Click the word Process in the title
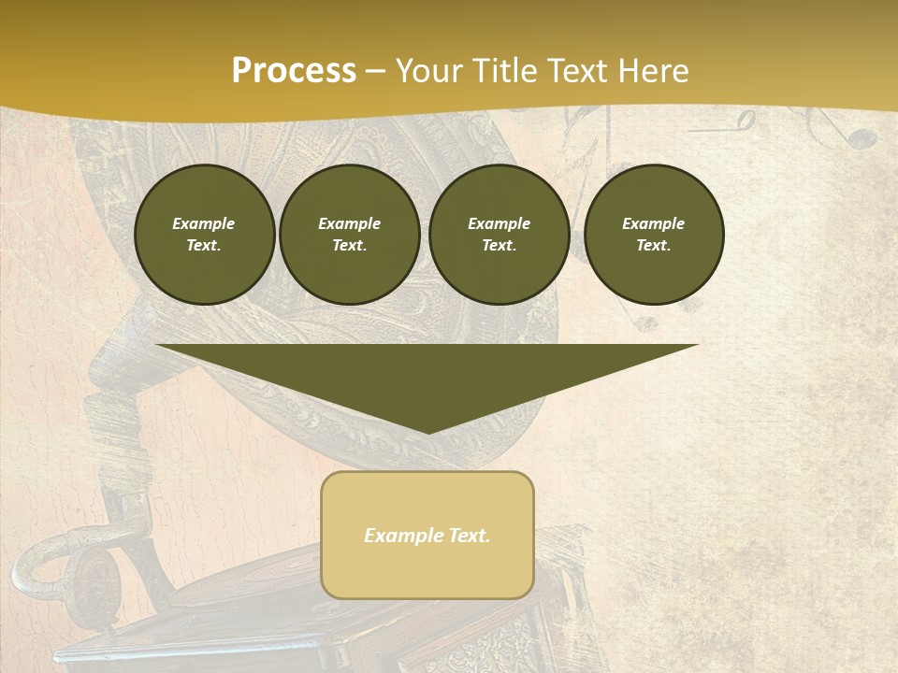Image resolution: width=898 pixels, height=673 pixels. click(294, 71)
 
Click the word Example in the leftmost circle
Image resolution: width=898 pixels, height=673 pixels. click(204, 223)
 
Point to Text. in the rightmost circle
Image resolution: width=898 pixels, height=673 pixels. click(653, 246)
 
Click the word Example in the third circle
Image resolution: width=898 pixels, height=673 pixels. click(499, 223)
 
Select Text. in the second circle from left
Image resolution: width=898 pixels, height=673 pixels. click(349, 246)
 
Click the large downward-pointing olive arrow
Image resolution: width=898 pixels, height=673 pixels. click(427, 374)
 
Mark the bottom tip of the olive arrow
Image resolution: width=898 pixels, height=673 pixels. click(428, 431)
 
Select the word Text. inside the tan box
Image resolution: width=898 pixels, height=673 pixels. click(469, 536)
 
